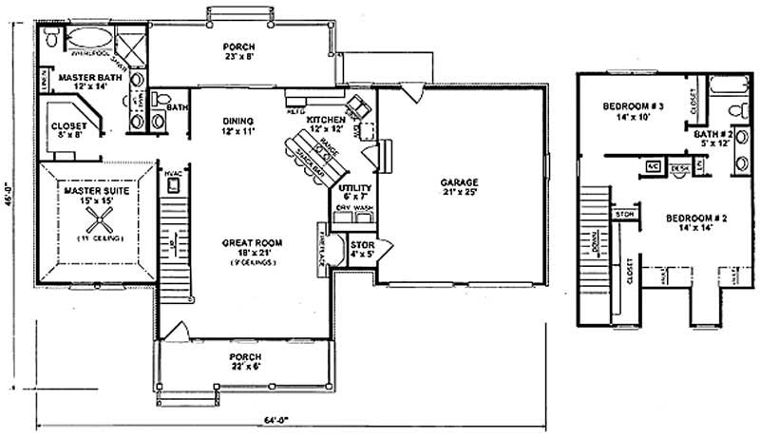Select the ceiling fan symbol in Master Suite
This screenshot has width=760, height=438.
point(99,224)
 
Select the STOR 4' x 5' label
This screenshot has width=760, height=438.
point(362,248)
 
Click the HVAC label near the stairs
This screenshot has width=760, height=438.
point(173,173)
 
